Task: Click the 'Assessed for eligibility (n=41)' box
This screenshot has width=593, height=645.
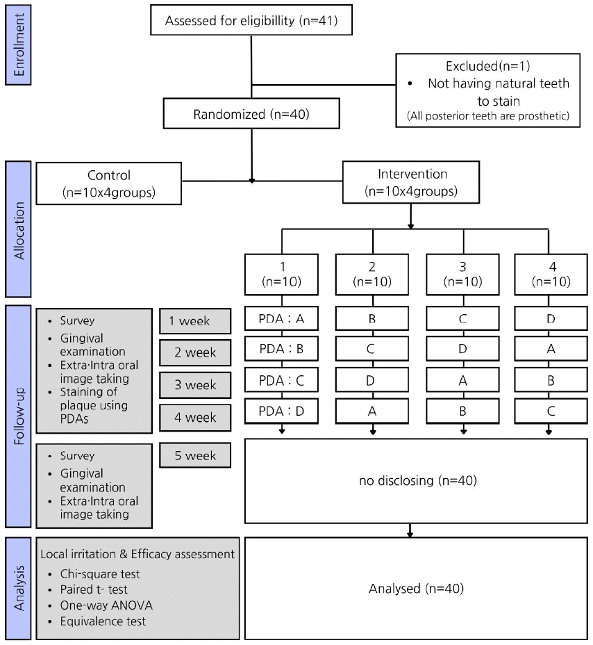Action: click(251, 21)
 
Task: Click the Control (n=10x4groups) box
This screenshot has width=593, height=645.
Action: click(109, 183)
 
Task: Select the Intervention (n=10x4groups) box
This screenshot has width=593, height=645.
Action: click(412, 183)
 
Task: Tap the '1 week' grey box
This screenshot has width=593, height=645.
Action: click(194, 320)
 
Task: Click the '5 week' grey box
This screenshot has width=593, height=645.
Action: click(194, 456)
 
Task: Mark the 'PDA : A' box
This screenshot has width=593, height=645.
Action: click(281, 320)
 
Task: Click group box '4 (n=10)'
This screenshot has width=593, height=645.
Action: click(550, 275)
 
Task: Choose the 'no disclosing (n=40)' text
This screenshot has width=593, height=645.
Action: click(411, 480)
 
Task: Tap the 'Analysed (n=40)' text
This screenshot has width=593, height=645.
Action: click(411, 589)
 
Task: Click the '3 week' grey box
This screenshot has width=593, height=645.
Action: click(194, 385)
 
